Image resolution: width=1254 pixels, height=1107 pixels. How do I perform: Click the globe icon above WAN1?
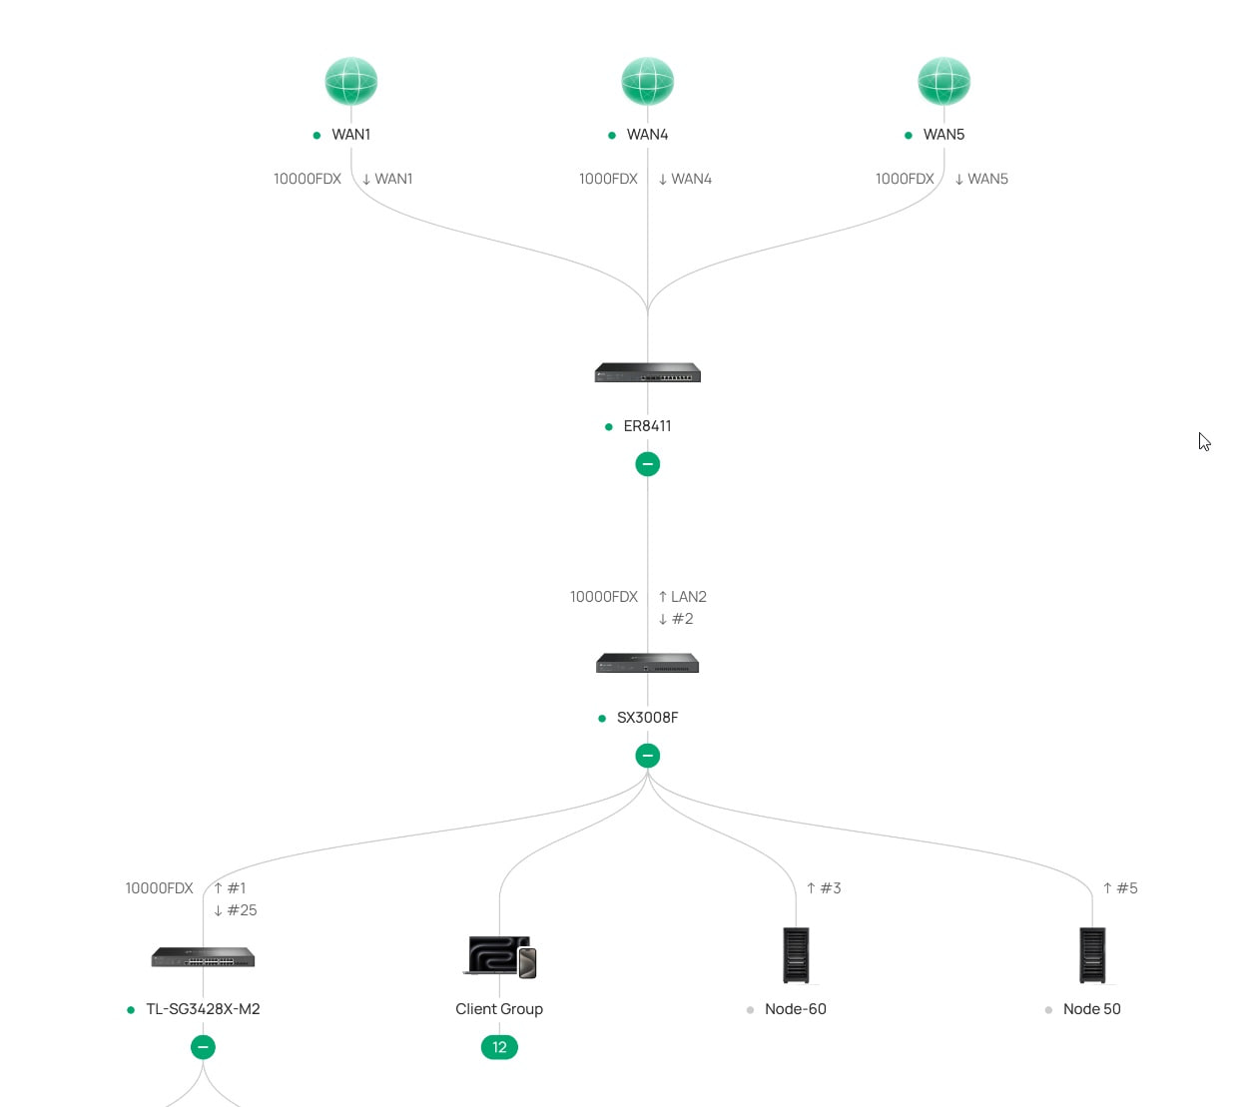[x=351, y=81]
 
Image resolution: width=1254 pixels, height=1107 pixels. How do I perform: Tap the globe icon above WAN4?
[x=647, y=81]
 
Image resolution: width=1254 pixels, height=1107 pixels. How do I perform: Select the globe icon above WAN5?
[x=943, y=81]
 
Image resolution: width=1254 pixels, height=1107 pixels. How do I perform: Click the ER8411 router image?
[x=647, y=372]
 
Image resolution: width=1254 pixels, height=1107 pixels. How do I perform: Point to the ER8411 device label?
[x=647, y=425]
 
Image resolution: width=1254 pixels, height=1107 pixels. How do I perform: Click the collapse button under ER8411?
[x=647, y=464]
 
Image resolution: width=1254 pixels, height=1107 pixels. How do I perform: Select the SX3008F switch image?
[x=647, y=663]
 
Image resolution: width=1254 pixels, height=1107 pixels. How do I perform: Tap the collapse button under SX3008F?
[x=647, y=756]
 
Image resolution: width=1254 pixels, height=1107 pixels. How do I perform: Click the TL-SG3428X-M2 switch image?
[x=203, y=956]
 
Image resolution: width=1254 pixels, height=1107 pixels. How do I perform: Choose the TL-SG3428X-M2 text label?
[x=203, y=1009]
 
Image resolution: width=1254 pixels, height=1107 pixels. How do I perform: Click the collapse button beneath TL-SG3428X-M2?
[x=203, y=1047]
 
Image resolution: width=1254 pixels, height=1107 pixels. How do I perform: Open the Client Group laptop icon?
[x=499, y=956]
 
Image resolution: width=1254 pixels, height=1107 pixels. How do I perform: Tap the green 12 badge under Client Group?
[x=499, y=1047]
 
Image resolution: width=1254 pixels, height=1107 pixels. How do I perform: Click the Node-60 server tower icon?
[x=796, y=955]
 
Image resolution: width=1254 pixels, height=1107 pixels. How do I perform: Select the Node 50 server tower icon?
[x=1092, y=955]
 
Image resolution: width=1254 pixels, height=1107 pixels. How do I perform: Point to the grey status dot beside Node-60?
[x=750, y=1010]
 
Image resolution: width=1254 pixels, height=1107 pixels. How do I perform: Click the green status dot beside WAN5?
[x=908, y=135]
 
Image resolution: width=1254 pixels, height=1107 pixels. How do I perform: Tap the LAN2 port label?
[x=688, y=597]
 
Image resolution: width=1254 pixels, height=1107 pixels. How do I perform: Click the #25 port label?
[x=242, y=910]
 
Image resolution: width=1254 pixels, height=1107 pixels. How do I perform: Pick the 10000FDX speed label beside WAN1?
[x=308, y=179]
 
